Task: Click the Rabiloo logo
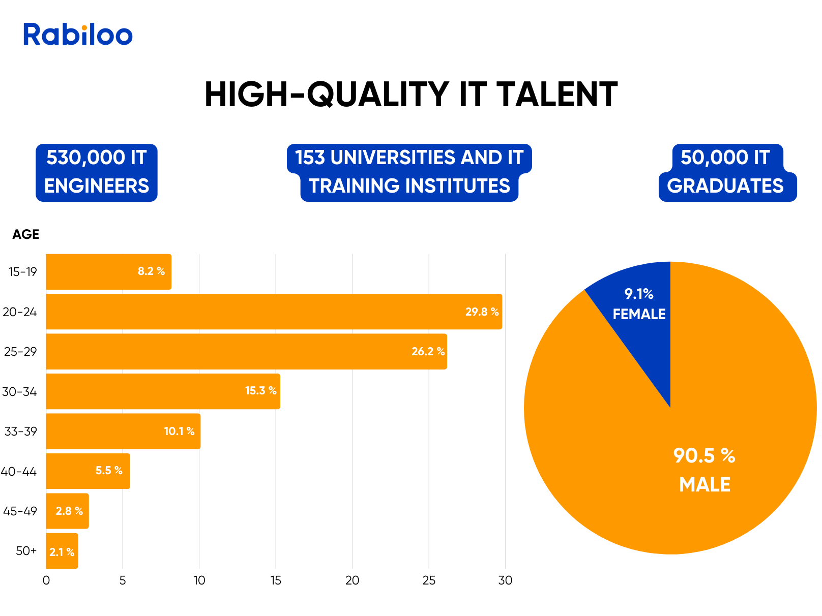78,35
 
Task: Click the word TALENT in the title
557,95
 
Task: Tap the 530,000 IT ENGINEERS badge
97,172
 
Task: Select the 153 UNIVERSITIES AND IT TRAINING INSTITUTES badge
409,172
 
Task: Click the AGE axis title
26,234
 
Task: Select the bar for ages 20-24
254,312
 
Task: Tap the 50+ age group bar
62,551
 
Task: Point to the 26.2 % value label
428,352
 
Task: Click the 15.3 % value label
260,391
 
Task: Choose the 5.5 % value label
109,471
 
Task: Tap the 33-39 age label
21,432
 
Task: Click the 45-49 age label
20,511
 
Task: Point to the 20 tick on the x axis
352,580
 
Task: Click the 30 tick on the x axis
505,580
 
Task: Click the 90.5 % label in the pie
704,455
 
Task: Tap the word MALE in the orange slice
704,484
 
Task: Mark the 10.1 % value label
179,432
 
